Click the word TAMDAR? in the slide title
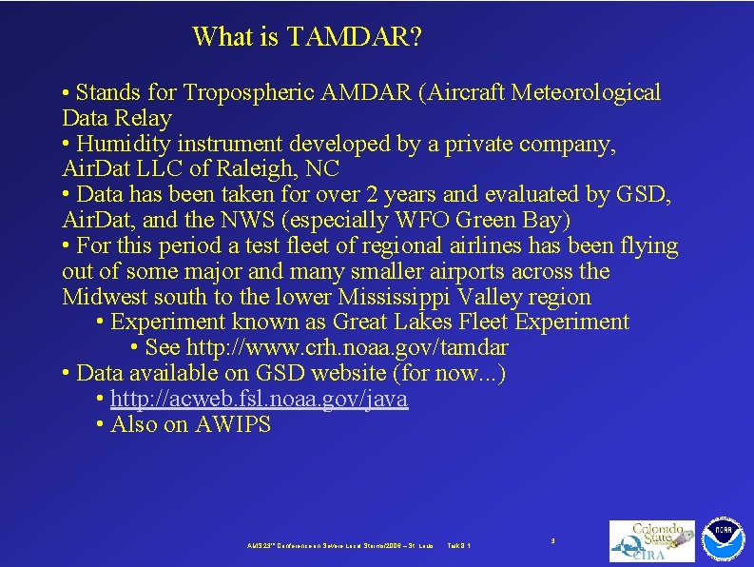[354, 37]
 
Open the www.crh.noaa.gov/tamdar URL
[347, 348]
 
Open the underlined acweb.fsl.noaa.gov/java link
[259, 400]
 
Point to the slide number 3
[552, 540]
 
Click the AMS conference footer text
[333, 545]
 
